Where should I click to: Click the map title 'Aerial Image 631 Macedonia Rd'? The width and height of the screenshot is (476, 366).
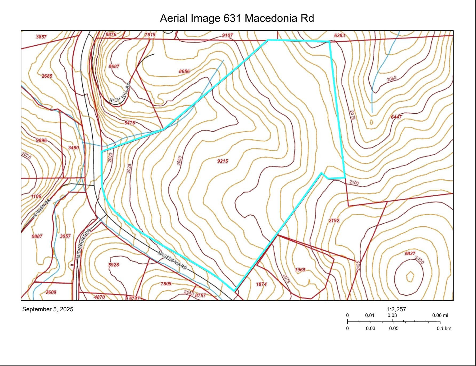pos(237,18)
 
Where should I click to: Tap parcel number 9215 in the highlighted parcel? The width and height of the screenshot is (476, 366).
pos(223,161)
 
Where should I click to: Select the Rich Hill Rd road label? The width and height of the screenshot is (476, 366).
pos(120,93)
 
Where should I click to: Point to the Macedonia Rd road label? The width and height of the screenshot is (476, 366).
pos(172,260)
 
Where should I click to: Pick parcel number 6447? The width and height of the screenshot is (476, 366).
pos(396,117)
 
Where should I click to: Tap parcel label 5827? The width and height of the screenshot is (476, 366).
pos(410,253)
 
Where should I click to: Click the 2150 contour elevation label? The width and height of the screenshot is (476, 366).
pos(419,260)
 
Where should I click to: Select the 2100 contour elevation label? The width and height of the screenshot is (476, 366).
pos(354,183)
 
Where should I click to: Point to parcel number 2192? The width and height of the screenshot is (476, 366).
pos(334,221)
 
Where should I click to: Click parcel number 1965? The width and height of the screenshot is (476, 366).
pos(300,270)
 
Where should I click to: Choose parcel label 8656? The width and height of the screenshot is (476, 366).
pos(184,71)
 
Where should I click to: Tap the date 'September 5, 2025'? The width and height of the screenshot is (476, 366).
pos(48,309)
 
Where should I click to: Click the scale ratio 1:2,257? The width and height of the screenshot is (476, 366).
pos(396,309)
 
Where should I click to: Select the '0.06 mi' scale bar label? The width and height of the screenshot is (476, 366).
pos(440,315)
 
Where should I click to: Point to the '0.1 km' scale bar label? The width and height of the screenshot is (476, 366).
pos(444,328)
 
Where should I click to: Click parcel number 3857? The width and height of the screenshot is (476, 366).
pos(41,37)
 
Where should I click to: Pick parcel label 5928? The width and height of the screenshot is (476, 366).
pos(114,265)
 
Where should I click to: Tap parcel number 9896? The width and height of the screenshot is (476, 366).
pos(41,140)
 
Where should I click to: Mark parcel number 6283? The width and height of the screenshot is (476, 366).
pos(339,35)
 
